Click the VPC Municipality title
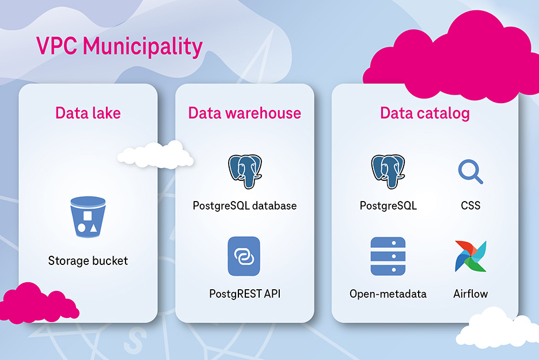point(119,46)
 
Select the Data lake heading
point(88,112)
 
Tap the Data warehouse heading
point(244,112)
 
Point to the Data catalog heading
point(424,112)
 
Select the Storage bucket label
point(88,261)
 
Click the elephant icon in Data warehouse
point(244,171)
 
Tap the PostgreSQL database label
point(244,206)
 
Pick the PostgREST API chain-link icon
point(244,256)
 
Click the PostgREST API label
point(244,294)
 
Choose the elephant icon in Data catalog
point(388,171)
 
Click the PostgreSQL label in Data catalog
point(388,206)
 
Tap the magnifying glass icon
point(470,172)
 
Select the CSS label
point(470,206)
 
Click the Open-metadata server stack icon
point(388,256)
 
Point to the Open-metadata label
point(388,294)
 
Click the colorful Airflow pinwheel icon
point(470,256)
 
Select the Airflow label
point(470,294)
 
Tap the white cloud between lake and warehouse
point(155,154)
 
